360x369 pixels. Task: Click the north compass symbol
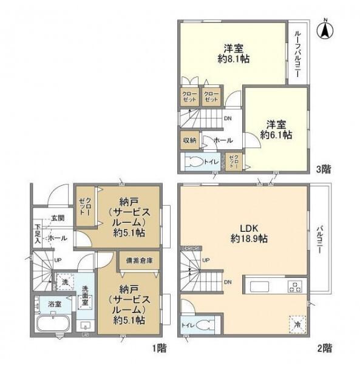[326, 28]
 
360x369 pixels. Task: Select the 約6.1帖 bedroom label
[276, 129]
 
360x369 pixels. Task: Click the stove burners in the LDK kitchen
[295, 285]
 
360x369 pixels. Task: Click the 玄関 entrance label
[58, 218]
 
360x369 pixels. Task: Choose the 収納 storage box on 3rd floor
[189, 140]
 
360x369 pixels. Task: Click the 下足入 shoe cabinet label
[37, 234]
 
